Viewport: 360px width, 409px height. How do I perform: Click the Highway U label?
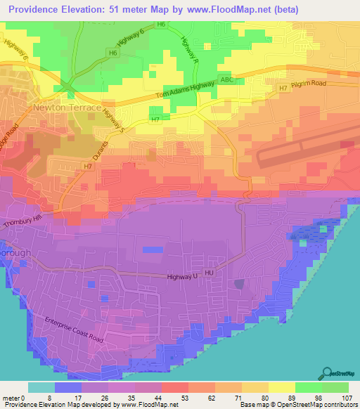pos(184,277)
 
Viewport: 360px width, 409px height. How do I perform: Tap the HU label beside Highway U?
pos(209,270)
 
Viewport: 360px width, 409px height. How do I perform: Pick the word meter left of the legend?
pos(10,398)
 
